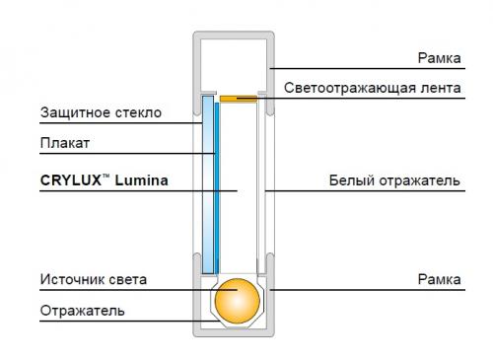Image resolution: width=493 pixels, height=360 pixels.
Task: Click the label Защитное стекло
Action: (x=101, y=112)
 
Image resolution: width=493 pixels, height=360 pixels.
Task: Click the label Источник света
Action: (x=94, y=280)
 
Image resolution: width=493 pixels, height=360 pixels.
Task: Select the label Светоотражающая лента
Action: (x=373, y=88)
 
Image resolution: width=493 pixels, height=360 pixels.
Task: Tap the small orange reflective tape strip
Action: (x=238, y=98)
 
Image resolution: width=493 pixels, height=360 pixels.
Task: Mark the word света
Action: (x=129, y=280)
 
